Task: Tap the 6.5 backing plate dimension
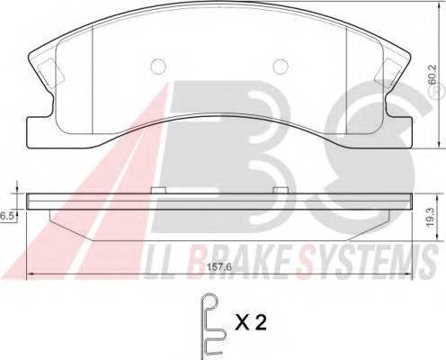[x=7, y=216]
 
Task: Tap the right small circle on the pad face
[x=282, y=66]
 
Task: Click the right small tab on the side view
[x=281, y=190]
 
